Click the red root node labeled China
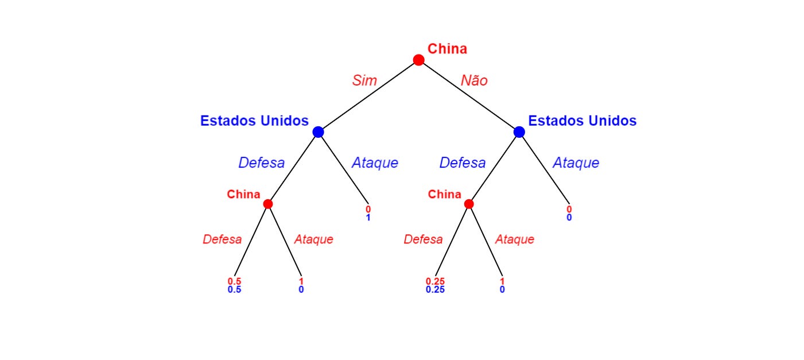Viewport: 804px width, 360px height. click(x=418, y=60)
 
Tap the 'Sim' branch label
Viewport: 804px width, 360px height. click(x=364, y=80)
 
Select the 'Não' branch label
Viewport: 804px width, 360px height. click(x=474, y=80)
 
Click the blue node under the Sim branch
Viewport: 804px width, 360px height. click(x=318, y=132)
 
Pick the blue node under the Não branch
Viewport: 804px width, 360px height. click(x=519, y=132)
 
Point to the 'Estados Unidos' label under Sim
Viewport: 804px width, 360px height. click(x=254, y=121)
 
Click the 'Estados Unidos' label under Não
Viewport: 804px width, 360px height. click(x=582, y=121)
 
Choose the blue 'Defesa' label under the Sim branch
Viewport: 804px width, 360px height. click(x=262, y=162)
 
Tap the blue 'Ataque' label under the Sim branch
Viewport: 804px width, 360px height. click(x=375, y=162)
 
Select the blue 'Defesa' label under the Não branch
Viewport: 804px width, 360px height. click(x=463, y=162)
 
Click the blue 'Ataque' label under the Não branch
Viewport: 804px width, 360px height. click(x=576, y=162)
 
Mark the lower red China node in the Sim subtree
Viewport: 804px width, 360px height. click(x=267, y=204)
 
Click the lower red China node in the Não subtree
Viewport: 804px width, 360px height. click(x=468, y=204)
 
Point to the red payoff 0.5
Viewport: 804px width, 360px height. click(x=234, y=281)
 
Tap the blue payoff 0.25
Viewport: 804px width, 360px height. click(x=435, y=289)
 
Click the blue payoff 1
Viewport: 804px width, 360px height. click(x=368, y=218)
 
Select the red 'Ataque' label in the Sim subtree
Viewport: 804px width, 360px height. click(x=313, y=239)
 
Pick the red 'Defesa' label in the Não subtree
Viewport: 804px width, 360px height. click(x=423, y=239)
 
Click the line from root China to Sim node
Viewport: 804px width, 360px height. click(x=368, y=96)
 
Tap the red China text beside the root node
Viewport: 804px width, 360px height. click(x=447, y=49)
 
